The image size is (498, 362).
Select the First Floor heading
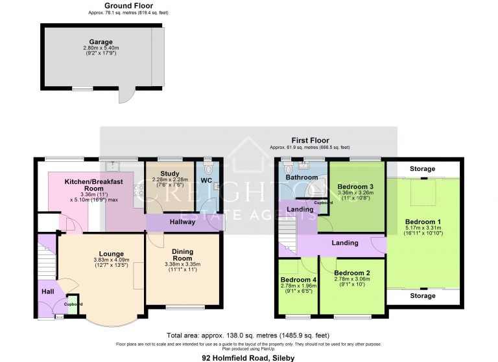309,141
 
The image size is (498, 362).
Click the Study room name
170,174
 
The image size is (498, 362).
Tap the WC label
207,180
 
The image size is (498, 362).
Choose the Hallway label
182,222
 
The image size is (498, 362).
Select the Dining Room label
182,255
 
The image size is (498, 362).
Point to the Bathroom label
302,177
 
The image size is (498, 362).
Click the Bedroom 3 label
355,187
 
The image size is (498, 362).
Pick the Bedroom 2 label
352,273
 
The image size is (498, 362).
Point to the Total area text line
248,335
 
